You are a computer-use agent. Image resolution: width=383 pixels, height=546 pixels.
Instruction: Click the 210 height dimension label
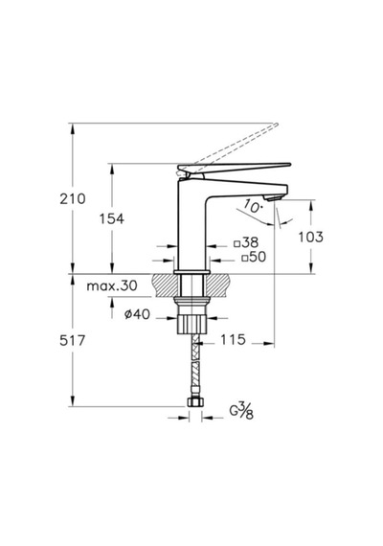73,199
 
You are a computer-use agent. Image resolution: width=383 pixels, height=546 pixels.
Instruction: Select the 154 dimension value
112,219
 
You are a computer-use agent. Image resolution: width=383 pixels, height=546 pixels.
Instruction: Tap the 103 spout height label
310,237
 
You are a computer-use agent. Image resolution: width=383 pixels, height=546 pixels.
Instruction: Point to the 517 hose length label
72,340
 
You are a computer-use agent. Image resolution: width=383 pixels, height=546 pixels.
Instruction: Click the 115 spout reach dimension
233,339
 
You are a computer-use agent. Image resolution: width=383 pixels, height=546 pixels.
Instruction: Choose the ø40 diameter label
137,314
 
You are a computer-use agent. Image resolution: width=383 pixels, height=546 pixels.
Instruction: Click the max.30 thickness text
112,285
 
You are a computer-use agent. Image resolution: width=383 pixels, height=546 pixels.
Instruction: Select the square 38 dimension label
246,242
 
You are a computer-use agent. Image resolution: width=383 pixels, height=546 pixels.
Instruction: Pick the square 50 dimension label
254,257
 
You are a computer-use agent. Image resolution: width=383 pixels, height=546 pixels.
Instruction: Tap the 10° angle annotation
253,206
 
